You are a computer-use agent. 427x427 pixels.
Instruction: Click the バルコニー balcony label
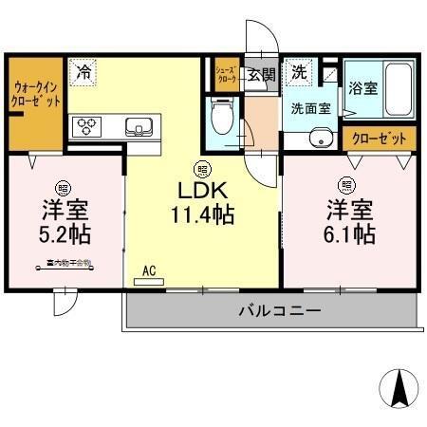tap(278, 310)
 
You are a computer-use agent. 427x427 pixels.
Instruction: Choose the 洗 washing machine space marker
tap(299, 72)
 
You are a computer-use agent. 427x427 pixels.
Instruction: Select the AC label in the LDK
tap(149, 270)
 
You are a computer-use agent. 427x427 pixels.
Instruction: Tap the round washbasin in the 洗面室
tap(320, 140)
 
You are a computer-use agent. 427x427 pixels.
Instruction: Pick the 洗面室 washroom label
tap(310, 107)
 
